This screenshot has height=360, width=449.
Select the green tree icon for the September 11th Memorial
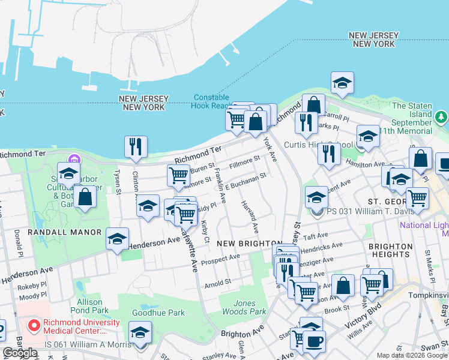442,116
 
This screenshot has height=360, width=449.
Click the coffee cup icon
314,342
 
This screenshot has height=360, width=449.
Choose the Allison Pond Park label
93,306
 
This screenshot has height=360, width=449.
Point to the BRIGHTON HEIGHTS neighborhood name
390,250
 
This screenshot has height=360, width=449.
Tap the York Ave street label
270,149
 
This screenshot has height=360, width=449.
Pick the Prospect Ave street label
220,260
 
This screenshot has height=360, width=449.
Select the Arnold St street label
218,282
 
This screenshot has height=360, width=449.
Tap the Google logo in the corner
20,353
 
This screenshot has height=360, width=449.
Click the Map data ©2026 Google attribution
412,355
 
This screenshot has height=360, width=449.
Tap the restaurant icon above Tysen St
136,146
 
